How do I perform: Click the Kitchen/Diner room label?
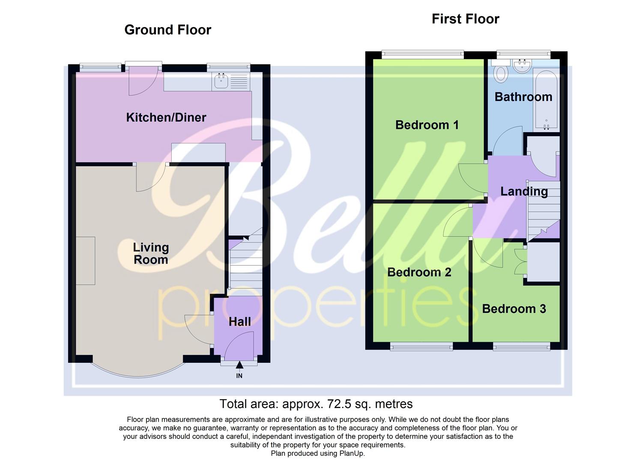point(166,117)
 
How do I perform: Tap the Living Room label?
point(151,253)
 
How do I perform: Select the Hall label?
point(239,321)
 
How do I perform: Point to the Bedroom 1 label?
point(427,125)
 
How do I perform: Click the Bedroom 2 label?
point(419,272)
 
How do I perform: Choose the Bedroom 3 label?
point(514,308)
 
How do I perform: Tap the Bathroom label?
point(523,97)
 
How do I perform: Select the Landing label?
point(524,191)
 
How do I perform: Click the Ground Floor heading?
point(167,30)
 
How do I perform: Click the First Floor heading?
point(465,19)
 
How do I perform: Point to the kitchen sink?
point(221,81)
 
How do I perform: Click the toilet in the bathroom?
point(500,73)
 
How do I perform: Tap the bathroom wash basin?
point(522,66)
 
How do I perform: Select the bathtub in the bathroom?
point(546,101)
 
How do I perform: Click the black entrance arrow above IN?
point(239,365)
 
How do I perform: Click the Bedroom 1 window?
point(422,54)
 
